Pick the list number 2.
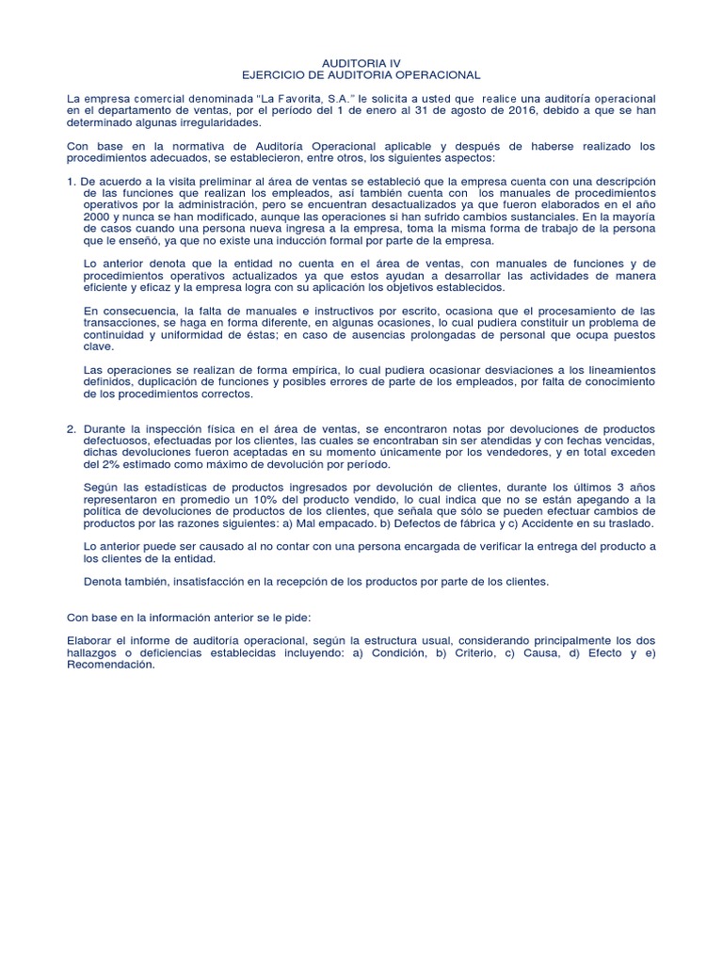coord(72,428)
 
